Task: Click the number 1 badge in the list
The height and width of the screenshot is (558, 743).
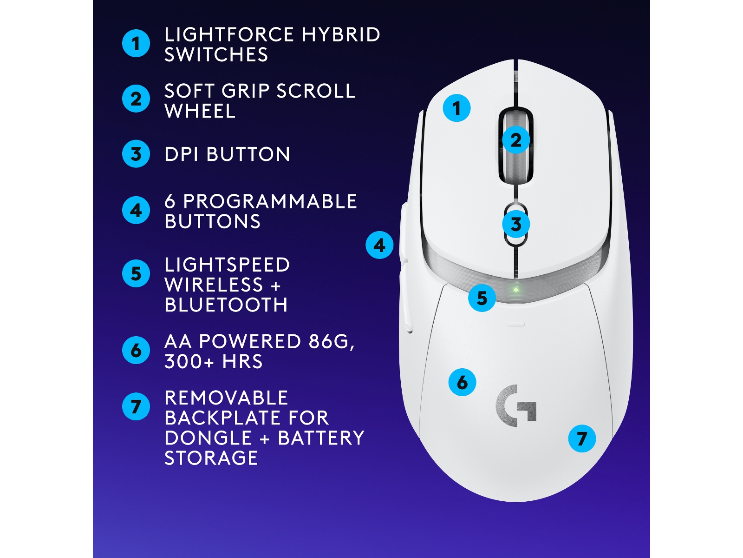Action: (136, 44)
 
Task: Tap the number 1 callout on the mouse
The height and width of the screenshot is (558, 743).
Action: (456, 108)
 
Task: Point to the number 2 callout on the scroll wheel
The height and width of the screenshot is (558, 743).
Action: (515, 140)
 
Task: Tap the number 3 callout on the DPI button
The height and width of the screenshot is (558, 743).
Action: (515, 224)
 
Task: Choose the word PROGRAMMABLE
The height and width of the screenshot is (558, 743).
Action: (270, 202)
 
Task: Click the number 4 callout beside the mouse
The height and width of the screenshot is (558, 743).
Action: (379, 245)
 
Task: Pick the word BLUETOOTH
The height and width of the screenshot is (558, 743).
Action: (226, 305)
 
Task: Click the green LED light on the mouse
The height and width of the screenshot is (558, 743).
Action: (515, 290)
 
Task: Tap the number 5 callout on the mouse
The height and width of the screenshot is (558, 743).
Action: (482, 298)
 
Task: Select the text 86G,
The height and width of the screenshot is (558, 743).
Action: (332, 342)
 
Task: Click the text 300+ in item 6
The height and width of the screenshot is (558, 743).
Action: (189, 362)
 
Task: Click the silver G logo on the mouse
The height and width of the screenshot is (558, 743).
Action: (516, 405)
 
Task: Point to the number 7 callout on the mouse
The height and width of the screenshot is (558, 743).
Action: (582, 438)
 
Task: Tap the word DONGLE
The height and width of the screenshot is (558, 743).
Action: (208, 438)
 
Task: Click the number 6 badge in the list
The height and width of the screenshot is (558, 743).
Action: (136, 350)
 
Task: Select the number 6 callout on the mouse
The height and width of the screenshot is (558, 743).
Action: (462, 382)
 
